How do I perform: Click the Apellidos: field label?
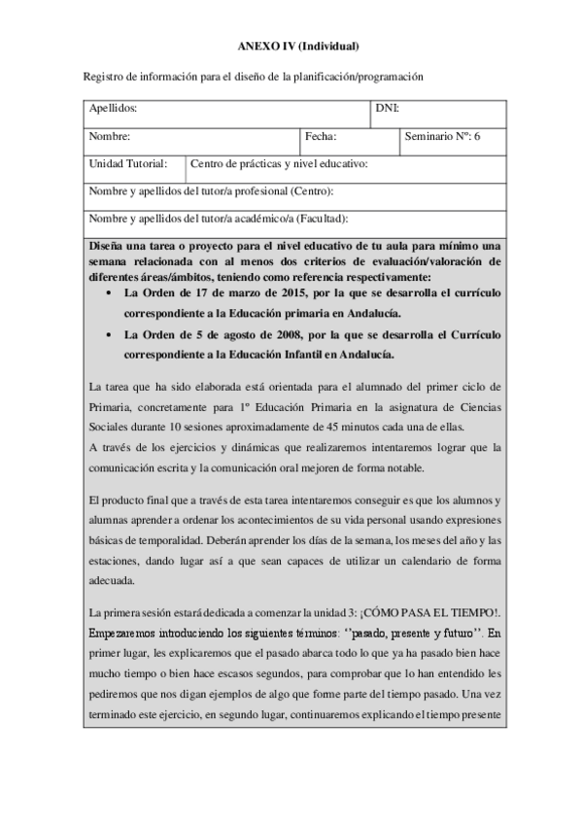(x=113, y=109)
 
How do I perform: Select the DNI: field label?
(x=388, y=109)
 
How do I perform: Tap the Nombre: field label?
(x=110, y=137)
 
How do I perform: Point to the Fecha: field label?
(x=320, y=137)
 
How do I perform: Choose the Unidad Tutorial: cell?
(x=128, y=164)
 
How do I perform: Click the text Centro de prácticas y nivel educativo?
(x=279, y=164)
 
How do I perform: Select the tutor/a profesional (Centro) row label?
(x=211, y=191)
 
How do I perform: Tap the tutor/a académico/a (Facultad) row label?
(x=219, y=220)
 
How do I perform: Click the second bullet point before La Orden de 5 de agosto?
(x=106, y=335)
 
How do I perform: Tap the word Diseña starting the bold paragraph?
(x=106, y=243)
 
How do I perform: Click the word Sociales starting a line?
(x=106, y=429)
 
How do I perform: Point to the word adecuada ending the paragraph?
(x=111, y=581)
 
